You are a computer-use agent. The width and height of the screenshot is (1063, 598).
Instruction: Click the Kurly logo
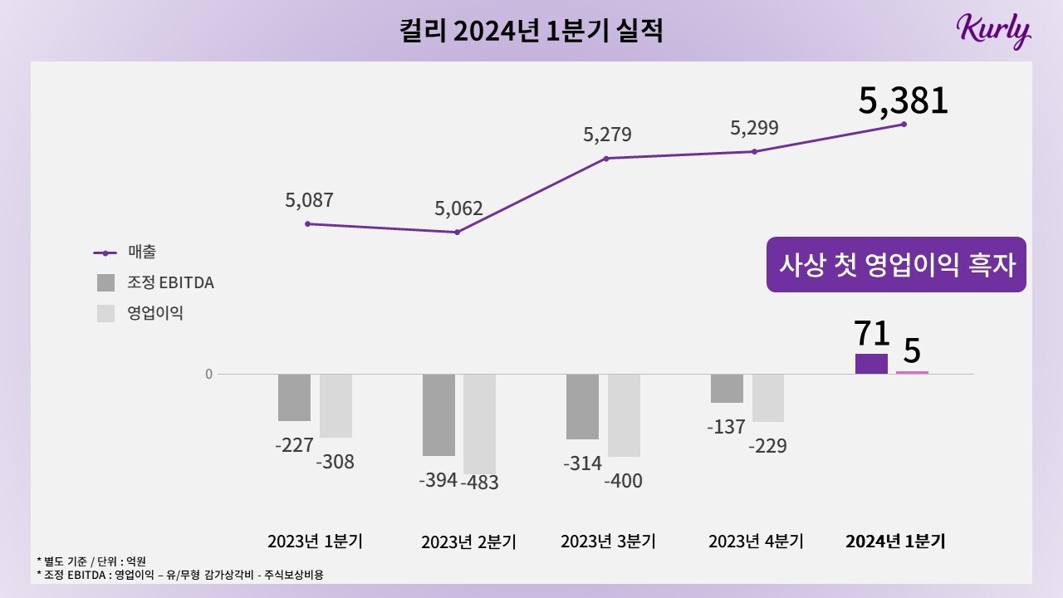point(993,31)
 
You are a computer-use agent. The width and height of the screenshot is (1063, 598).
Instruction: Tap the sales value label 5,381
point(903,100)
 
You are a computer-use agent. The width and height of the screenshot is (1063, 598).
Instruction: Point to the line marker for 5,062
point(457,232)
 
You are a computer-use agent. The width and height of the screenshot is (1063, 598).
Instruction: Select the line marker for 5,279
point(606,158)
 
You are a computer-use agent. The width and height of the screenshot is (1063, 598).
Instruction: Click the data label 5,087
point(308,200)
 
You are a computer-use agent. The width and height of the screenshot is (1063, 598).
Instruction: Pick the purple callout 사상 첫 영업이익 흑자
point(896,265)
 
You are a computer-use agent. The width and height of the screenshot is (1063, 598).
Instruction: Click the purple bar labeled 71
point(871,364)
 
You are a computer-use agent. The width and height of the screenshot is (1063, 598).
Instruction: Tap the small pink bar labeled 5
point(912,372)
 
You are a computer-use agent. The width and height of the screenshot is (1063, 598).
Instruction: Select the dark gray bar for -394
point(438,414)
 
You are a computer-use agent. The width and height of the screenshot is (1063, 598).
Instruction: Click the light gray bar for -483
point(479,424)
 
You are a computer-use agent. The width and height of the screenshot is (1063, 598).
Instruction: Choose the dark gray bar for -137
point(727,388)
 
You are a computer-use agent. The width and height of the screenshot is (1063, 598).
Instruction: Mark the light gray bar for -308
point(336,405)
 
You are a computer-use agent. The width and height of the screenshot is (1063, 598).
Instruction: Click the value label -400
point(623,480)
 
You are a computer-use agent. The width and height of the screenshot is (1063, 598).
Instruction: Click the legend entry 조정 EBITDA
point(155,282)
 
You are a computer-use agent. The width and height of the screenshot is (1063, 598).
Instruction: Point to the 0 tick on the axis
point(208,374)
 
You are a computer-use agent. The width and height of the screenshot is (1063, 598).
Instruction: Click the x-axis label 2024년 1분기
point(895,542)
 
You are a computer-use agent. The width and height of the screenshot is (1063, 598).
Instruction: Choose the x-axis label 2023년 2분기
point(468,542)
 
